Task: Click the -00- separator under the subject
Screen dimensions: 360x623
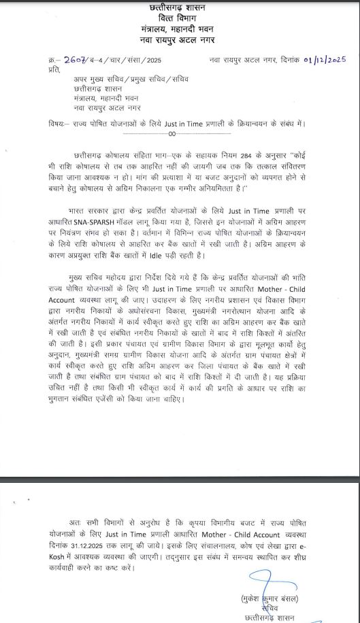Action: (180, 134)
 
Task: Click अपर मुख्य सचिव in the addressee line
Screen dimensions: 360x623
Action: (94, 78)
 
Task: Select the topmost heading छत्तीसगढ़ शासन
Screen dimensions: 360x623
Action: (180, 7)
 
